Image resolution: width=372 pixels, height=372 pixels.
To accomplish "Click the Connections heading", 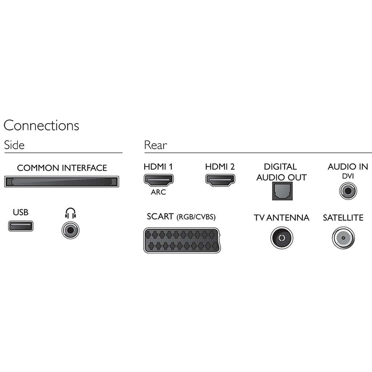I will (41, 126).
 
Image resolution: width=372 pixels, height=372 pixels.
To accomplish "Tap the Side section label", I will (14, 145).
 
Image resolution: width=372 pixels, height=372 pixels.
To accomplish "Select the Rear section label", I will (155, 145).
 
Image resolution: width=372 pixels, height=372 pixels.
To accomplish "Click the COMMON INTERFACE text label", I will (62, 168).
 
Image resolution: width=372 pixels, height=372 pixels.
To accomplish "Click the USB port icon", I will (20, 227).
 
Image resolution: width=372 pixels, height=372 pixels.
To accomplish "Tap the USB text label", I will (20, 213).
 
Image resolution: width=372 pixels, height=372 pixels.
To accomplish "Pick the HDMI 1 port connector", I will (159, 180).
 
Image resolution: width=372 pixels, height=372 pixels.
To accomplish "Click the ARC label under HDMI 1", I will (159, 192).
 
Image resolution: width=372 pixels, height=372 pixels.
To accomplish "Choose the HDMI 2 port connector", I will (220, 180).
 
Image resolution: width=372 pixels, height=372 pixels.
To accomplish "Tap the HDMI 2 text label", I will (220, 166).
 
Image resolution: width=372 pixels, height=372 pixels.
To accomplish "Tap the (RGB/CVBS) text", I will (196, 217).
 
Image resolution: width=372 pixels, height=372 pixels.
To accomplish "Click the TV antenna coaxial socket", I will (281, 238).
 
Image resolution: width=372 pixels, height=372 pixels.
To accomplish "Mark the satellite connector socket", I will (343, 238).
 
